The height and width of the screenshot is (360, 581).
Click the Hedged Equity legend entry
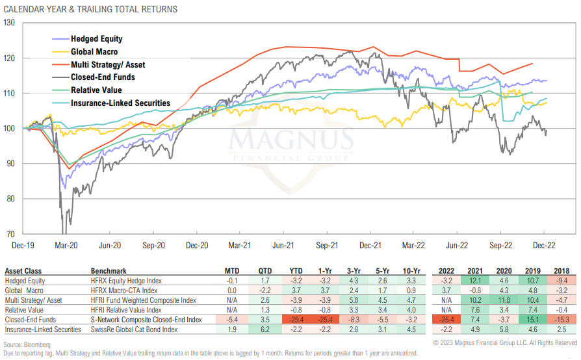click(96, 39)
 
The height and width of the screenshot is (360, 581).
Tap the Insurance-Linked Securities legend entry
click(120, 103)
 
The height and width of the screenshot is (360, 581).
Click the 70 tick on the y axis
click(11, 234)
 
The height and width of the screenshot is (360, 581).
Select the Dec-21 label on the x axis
click(370, 246)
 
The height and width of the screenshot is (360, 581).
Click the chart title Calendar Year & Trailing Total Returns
click(90, 9)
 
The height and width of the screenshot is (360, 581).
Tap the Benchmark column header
click(109, 270)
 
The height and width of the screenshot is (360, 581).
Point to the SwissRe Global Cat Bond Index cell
click(135, 329)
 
